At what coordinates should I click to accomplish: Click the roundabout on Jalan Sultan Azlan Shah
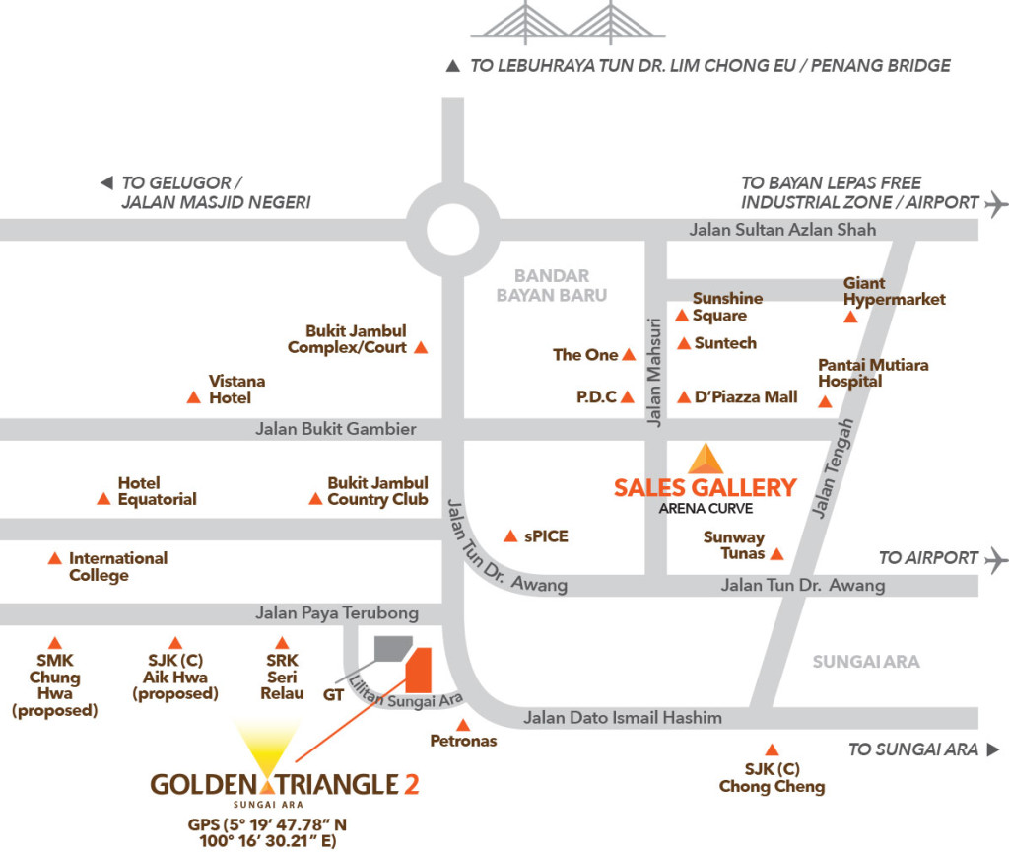pos(452,229)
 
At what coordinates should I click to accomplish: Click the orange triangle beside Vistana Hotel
pos(193,397)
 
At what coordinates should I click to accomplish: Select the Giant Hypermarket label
pos(894,291)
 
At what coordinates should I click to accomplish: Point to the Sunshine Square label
pos(727,307)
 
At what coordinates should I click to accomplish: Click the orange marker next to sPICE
pos(510,536)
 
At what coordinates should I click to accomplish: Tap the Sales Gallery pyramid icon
pos(705,460)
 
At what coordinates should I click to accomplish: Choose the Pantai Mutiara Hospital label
pos(873,373)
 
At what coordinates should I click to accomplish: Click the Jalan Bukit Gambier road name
pos(335,429)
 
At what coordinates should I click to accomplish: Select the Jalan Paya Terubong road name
pos(337,613)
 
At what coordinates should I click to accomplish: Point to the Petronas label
pos(463,741)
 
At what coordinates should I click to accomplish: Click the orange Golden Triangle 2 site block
pos(419,670)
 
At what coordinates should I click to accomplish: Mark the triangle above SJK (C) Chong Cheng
pos(772,749)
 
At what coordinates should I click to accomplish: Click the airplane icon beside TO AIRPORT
pos(996,558)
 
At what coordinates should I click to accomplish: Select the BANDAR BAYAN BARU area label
pos(551,285)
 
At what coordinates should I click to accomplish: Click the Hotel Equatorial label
pos(157,491)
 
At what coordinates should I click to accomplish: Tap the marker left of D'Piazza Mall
pos(684,397)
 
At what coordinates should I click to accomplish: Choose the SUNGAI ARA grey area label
pos(866,662)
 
